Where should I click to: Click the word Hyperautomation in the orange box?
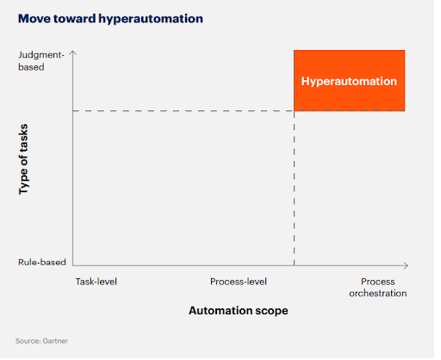(x=349, y=81)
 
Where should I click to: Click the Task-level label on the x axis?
(x=95, y=282)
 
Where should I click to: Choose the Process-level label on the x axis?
(x=239, y=282)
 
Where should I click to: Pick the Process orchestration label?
(x=378, y=288)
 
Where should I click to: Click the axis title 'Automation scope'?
(x=238, y=311)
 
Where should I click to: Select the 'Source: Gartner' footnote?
(x=41, y=341)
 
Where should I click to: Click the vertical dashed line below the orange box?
(x=295, y=189)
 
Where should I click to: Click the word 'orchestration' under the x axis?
(x=378, y=294)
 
